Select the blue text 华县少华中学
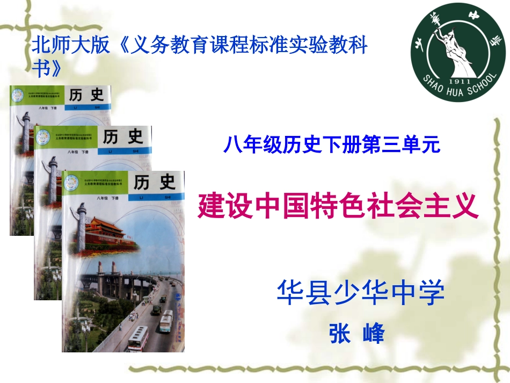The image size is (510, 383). click(360, 292)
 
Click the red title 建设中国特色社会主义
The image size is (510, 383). click(338, 206)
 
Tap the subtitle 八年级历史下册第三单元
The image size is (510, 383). click(332, 144)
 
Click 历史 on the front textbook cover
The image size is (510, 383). click(155, 183)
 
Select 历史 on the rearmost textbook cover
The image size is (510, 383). click(86, 96)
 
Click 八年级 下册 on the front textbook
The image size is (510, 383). click(107, 198)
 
